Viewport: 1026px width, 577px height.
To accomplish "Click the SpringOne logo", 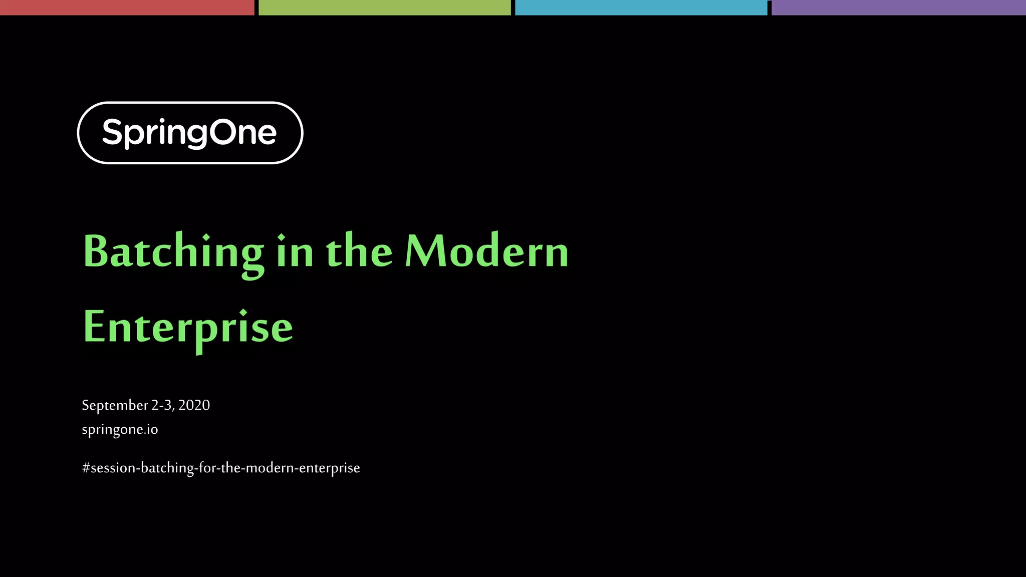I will pyautogui.click(x=190, y=133).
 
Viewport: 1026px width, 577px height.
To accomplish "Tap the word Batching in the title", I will pyautogui.click(x=173, y=252).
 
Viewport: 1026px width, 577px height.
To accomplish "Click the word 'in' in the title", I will pyautogui.click(x=295, y=251).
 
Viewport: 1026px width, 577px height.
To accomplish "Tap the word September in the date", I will pyautogui.click(x=115, y=405).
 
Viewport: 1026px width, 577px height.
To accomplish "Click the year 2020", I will pyautogui.click(x=194, y=405).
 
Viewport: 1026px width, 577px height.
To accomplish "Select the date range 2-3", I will pyautogui.click(x=162, y=405).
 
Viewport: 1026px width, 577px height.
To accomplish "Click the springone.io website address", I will pyautogui.click(x=120, y=430).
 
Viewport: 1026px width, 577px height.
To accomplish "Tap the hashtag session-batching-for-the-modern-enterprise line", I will pyautogui.click(x=221, y=468).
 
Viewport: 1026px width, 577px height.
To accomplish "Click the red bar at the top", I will pyautogui.click(x=127, y=8).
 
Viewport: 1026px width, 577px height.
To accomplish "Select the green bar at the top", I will pyautogui.click(x=384, y=8).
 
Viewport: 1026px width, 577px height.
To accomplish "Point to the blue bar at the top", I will pyautogui.click(x=641, y=8).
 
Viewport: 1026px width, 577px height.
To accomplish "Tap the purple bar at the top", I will pyautogui.click(x=898, y=8).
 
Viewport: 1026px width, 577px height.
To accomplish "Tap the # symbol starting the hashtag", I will pyautogui.click(x=86, y=468).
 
